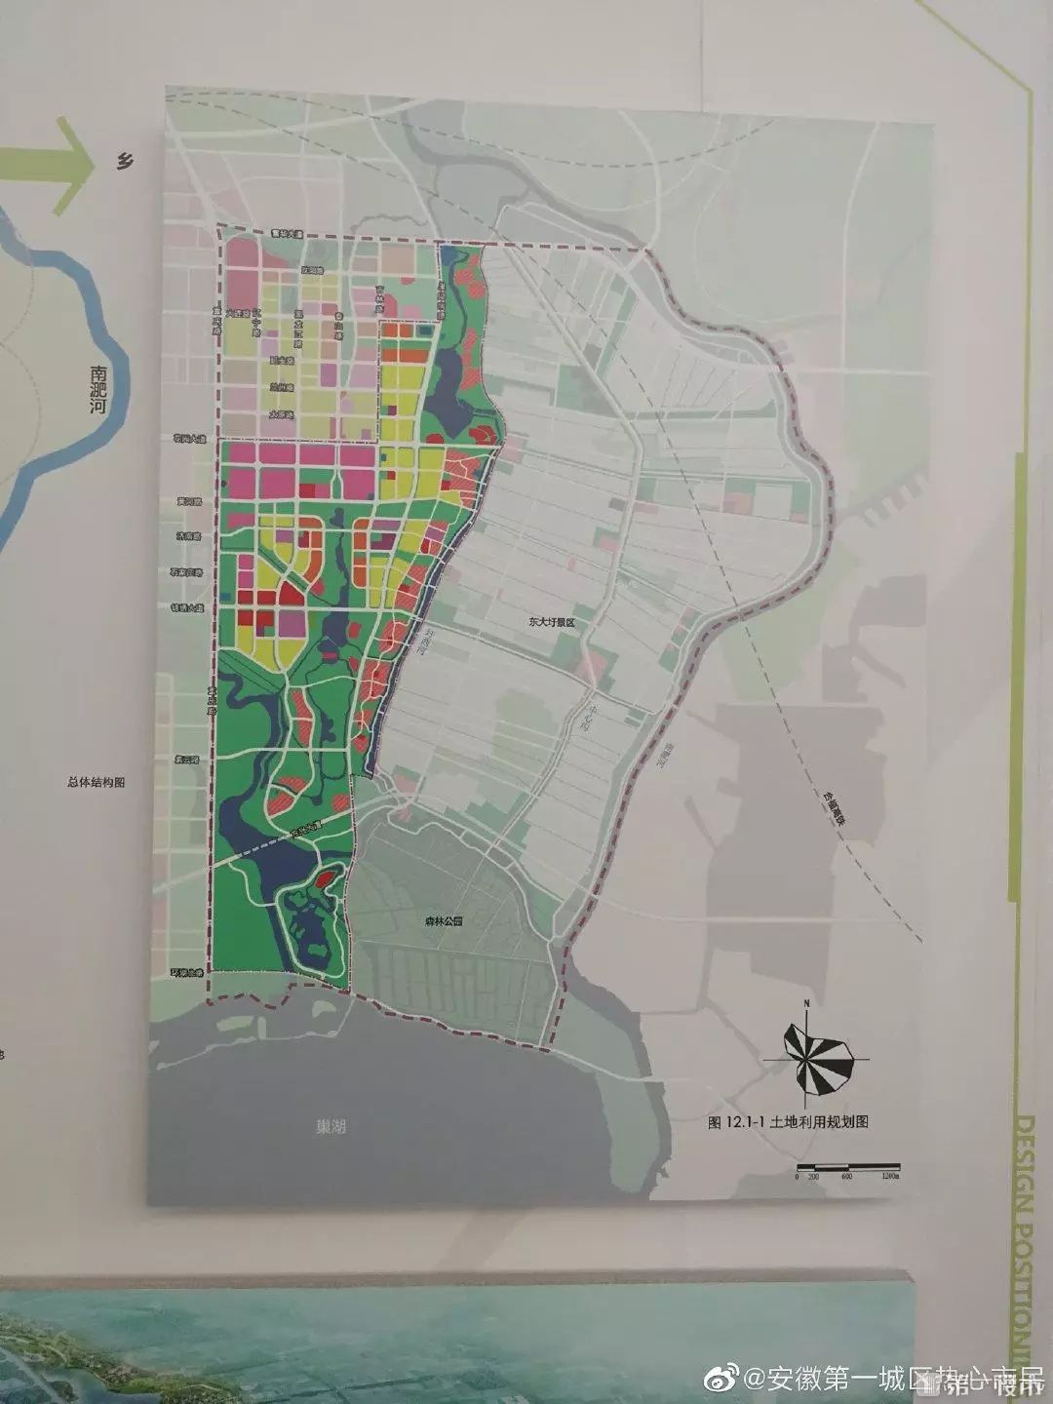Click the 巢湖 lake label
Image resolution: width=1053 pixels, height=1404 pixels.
pos(331,1127)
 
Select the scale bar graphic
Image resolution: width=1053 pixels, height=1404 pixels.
pos(846,1167)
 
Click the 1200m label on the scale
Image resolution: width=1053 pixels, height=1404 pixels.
pos(890,1178)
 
